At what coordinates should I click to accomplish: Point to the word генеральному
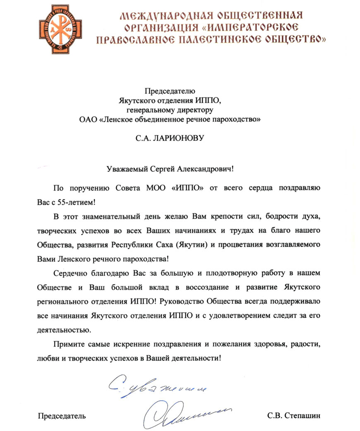pyautogui.click(x=148, y=110)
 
